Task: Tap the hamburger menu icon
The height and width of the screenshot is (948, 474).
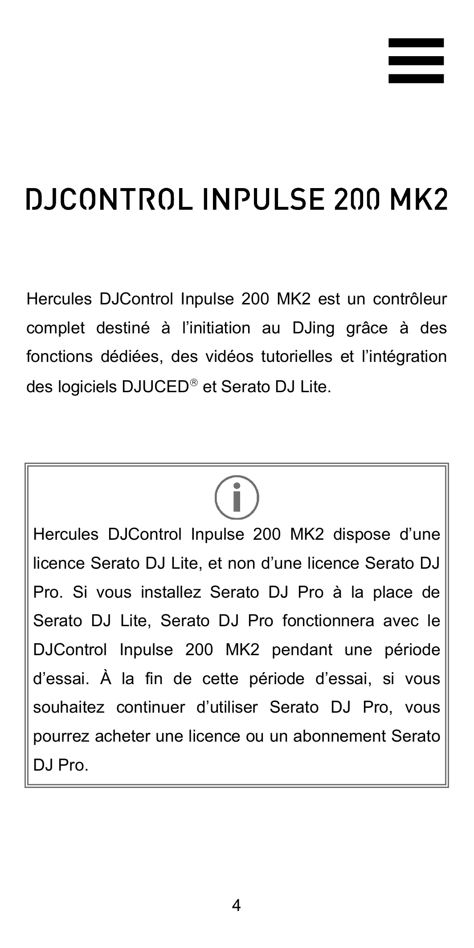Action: (416, 61)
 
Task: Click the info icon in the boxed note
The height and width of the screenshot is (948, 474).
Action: (237, 497)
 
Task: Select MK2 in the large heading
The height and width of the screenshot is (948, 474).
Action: (418, 199)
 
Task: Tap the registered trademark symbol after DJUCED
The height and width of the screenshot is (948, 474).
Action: (193, 383)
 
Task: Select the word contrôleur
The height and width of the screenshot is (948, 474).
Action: (409, 299)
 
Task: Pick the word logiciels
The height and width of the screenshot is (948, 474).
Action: (86, 387)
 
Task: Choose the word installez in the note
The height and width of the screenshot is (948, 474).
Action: (170, 592)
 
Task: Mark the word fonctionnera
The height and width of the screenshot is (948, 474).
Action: (328, 621)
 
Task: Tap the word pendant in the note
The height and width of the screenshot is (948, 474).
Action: (302, 650)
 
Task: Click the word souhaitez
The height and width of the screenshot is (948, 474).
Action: (69, 707)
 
